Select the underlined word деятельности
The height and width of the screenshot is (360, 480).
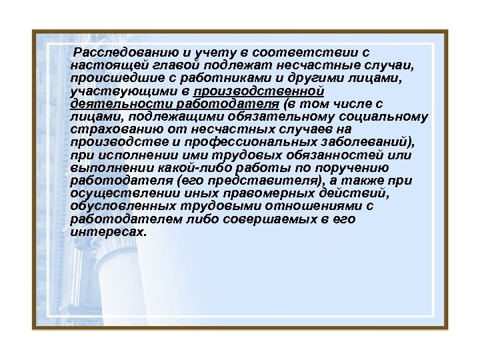click(x=107, y=105)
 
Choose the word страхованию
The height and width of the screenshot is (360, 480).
click(x=110, y=129)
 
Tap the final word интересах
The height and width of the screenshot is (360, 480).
click(x=107, y=231)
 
